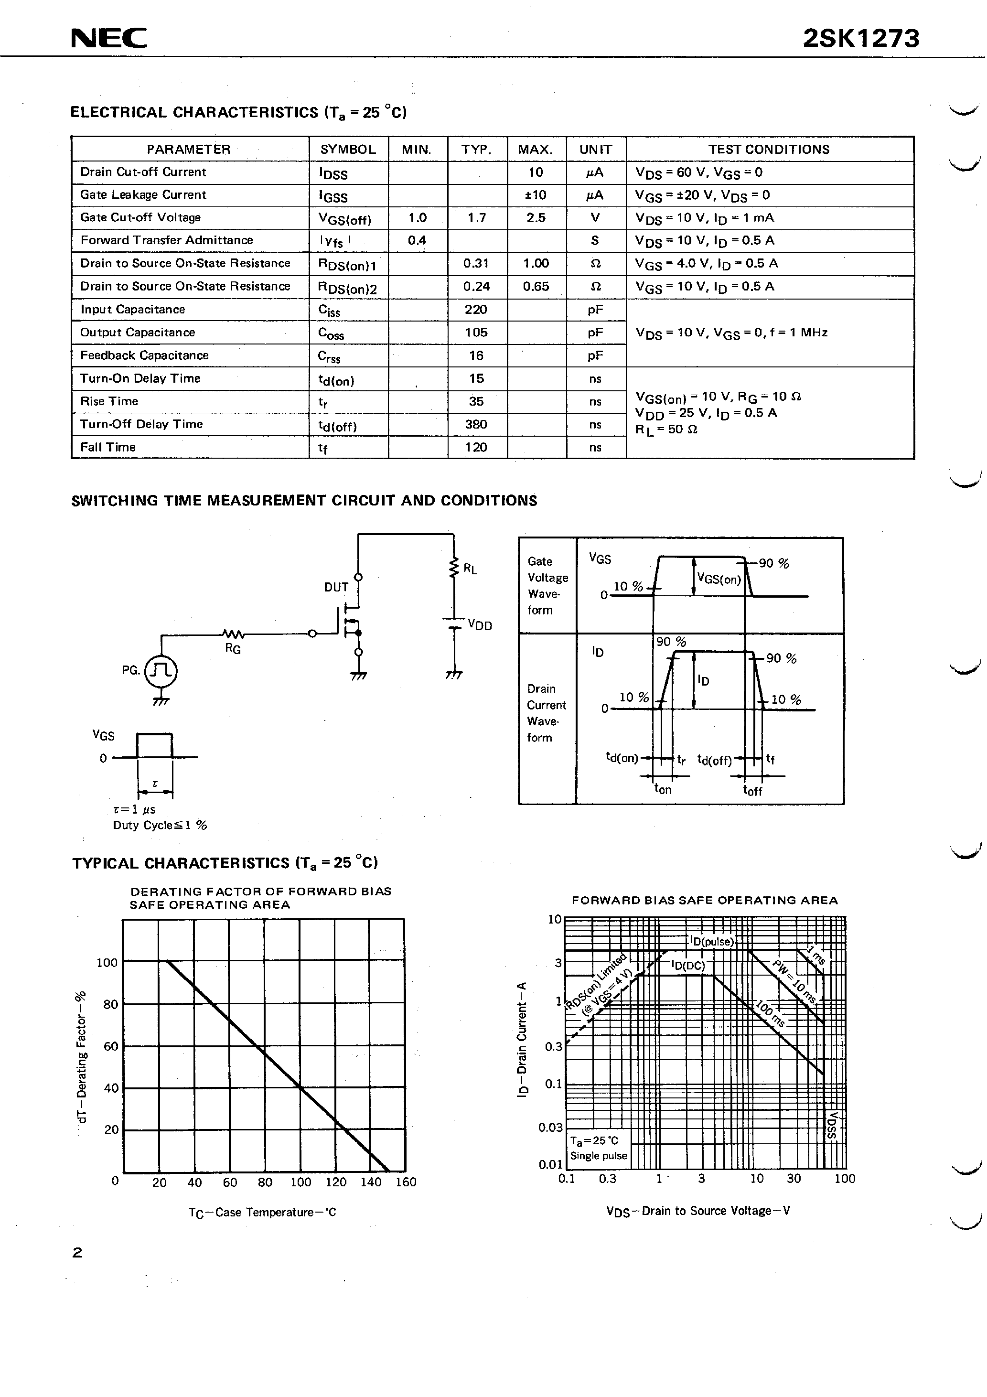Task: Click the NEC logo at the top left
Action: click(x=109, y=38)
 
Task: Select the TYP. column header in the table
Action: click(x=476, y=150)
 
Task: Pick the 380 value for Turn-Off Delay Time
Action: click(x=476, y=424)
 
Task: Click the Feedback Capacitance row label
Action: click(x=144, y=355)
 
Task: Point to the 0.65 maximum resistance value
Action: click(x=536, y=287)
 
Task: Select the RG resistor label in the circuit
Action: click(x=233, y=649)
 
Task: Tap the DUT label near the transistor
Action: click(x=336, y=587)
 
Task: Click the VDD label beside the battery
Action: click(x=480, y=625)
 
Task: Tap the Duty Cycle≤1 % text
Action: click(x=160, y=826)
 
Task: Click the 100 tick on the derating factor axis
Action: click(x=107, y=963)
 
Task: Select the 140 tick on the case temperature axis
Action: click(x=371, y=1182)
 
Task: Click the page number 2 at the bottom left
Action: click(x=77, y=1253)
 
